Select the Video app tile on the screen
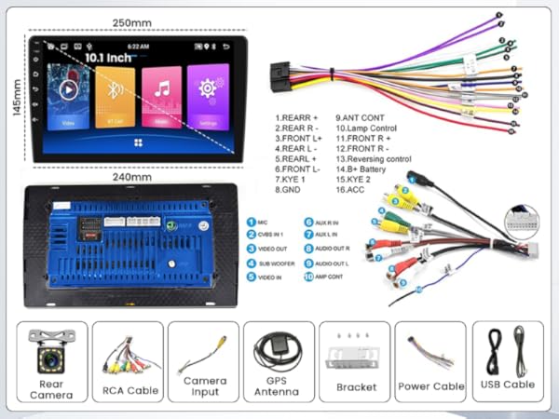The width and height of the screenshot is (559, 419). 69,97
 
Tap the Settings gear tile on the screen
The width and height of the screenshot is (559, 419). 207,97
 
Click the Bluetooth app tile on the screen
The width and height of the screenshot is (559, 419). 116,97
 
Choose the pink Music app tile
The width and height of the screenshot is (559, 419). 161,97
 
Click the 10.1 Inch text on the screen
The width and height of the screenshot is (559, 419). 108,57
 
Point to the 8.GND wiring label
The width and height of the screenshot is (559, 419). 290,188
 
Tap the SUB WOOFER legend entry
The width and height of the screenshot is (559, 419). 277,264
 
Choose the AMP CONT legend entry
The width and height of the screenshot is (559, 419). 334,277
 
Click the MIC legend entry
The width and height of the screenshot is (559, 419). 264,222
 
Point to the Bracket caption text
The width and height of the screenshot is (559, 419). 355,386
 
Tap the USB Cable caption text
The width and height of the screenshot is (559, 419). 508,384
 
